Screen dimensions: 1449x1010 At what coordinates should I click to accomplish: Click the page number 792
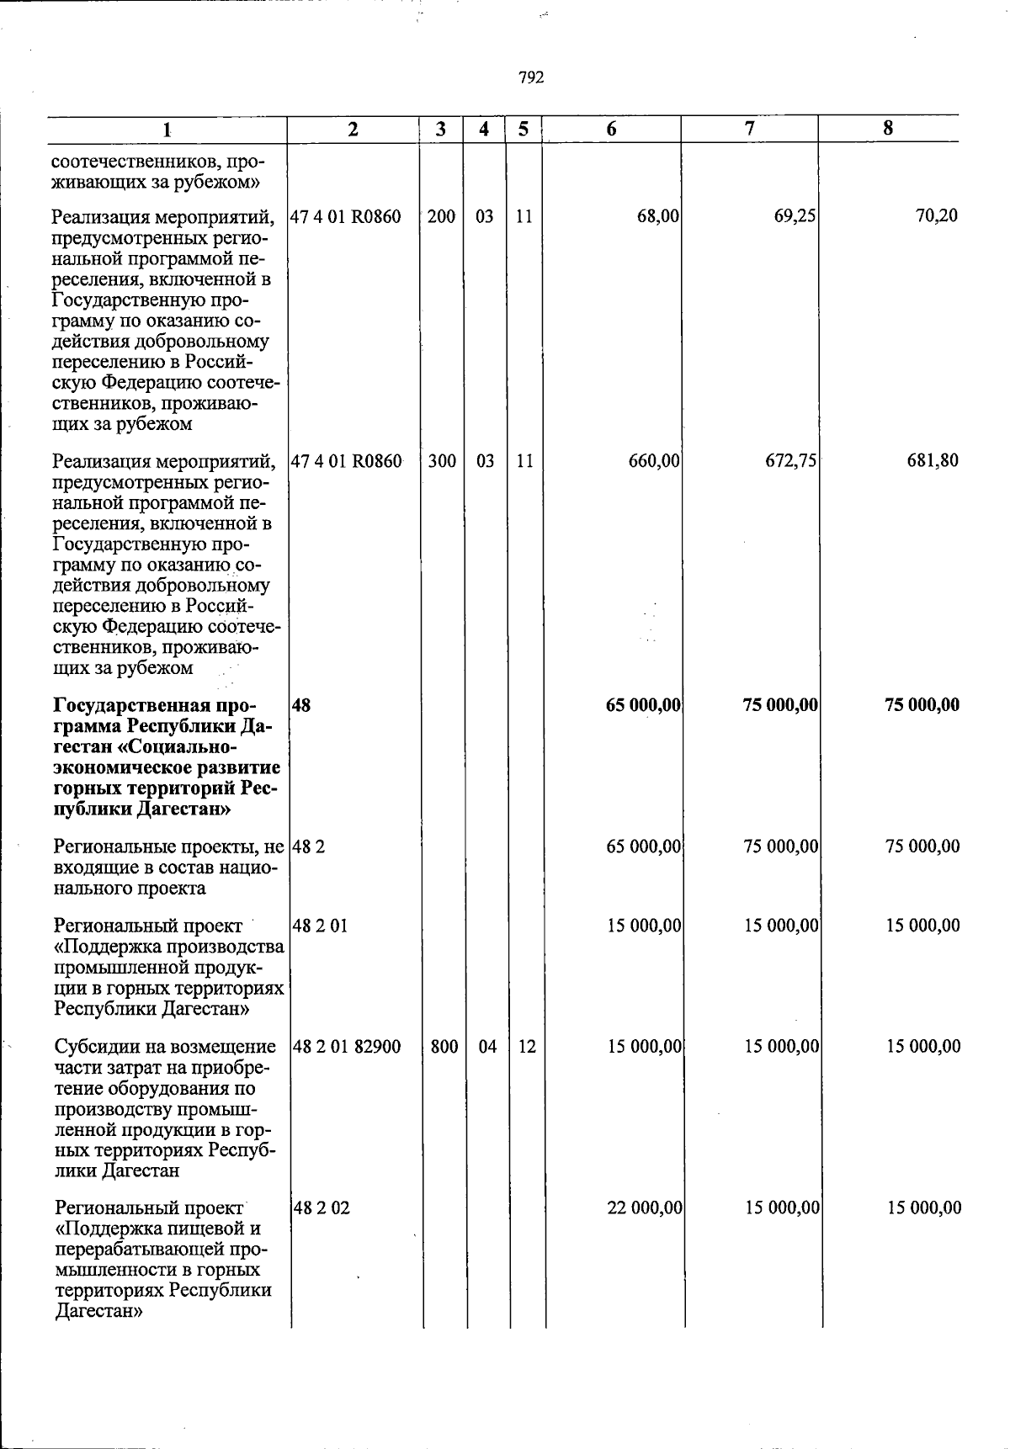(x=531, y=77)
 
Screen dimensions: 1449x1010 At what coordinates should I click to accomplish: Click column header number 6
(x=611, y=129)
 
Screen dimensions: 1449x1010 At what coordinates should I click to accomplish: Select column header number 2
(x=353, y=129)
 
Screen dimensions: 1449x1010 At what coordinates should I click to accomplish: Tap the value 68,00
(x=658, y=216)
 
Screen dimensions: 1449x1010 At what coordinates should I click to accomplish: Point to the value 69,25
(x=795, y=216)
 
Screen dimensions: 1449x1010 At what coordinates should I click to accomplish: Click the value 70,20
(x=937, y=216)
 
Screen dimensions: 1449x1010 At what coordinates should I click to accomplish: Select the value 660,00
(x=654, y=461)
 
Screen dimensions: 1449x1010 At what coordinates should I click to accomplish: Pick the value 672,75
(x=790, y=461)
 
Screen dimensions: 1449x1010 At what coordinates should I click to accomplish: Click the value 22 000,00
(x=645, y=1208)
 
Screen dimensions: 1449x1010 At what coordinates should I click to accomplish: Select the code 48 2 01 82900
(x=347, y=1047)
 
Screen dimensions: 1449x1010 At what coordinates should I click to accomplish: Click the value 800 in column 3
(x=444, y=1047)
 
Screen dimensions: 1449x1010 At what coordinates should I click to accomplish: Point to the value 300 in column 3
(x=442, y=461)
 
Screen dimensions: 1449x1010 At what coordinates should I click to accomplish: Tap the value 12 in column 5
(x=527, y=1047)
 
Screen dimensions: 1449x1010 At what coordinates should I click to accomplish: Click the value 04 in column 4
(x=487, y=1047)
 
